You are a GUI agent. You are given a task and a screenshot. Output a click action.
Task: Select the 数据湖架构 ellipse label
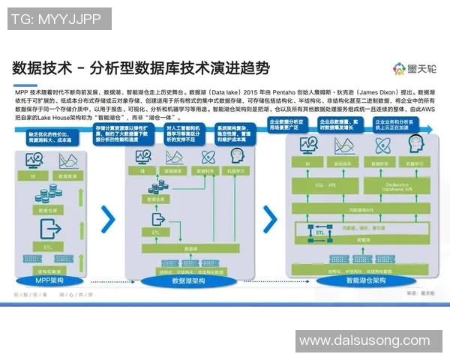[188, 280]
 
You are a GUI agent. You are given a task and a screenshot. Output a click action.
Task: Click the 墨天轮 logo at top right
[411, 70]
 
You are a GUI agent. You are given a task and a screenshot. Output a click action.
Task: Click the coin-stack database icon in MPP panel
[48, 196]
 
